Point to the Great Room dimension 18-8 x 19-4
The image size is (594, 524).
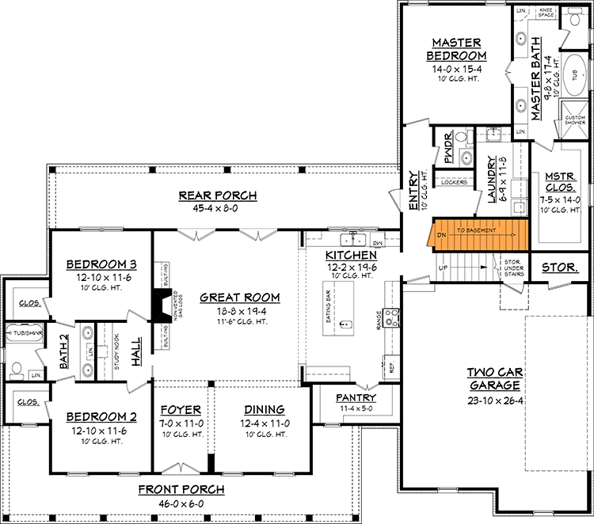point(239,312)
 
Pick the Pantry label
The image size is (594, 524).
point(355,397)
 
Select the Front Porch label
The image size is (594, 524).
point(181,489)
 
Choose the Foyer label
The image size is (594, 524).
point(181,409)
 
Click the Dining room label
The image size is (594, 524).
point(265,409)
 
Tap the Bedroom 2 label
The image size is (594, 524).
point(96,416)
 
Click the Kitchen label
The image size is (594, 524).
point(350,256)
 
